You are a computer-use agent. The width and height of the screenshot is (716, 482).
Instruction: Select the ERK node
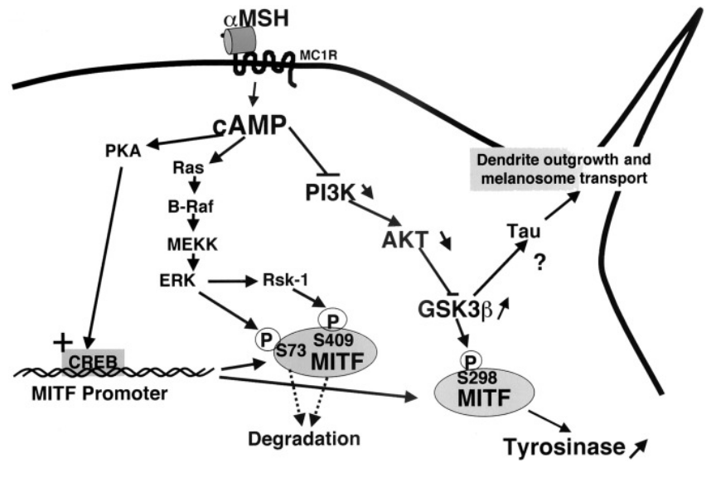tap(177, 280)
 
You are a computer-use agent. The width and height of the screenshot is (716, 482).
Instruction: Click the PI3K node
tap(330, 192)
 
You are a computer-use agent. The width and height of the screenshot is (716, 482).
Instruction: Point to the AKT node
tap(406, 239)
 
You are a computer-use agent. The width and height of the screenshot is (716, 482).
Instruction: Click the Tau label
tap(520, 234)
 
